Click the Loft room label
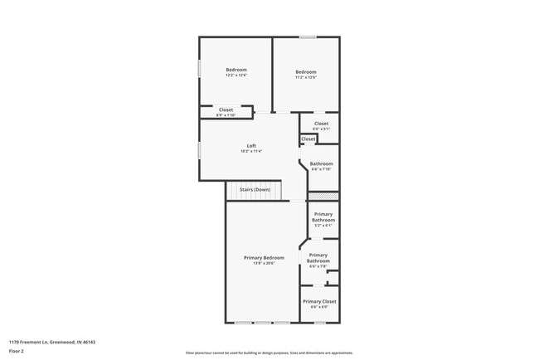251,148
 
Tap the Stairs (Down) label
255,190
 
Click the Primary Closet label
319,303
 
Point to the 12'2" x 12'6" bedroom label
236,72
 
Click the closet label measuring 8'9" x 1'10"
226,111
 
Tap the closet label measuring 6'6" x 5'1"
321,125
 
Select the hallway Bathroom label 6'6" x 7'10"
321,166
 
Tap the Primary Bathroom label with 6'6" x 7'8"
318,260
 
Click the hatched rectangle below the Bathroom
323,197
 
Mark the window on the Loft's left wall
198,149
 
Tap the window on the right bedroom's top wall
308,36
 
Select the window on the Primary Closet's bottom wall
319,323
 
